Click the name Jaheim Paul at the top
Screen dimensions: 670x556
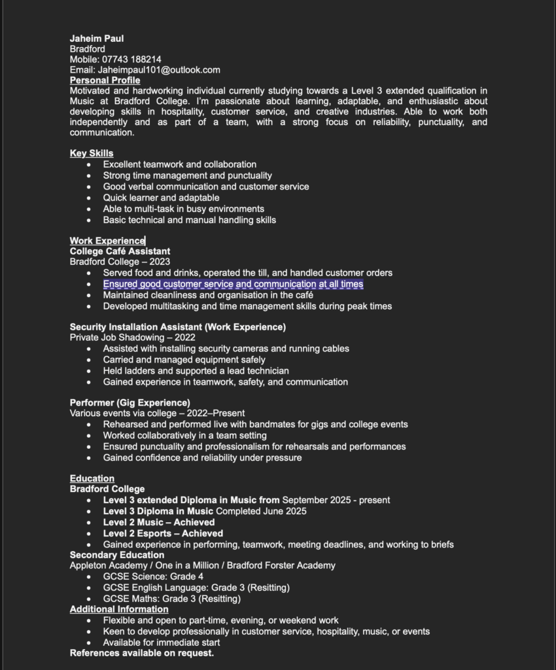point(97,39)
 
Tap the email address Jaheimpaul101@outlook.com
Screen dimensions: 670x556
point(159,70)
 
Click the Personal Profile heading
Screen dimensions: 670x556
point(105,80)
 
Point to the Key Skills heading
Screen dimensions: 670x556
point(92,153)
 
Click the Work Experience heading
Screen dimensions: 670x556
point(107,241)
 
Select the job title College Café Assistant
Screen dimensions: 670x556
point(120,251)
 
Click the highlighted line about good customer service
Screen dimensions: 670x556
point(233,284)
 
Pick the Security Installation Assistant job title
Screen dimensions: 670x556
point(177,327)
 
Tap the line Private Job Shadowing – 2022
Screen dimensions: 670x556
point(132,338)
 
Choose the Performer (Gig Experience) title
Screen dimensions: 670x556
point(130,403)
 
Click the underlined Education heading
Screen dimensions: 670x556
point(92,478)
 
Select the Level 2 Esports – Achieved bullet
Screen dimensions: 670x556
point(163,533)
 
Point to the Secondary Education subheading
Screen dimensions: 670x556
point(117,555)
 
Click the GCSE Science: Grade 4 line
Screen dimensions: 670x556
point(153,576)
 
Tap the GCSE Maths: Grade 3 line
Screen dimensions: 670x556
point(171,599)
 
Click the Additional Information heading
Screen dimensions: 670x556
point(119,609)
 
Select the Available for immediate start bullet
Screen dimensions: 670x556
point(161,643)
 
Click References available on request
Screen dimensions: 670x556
point(142,653)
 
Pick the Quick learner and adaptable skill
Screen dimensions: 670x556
point(161,198)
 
